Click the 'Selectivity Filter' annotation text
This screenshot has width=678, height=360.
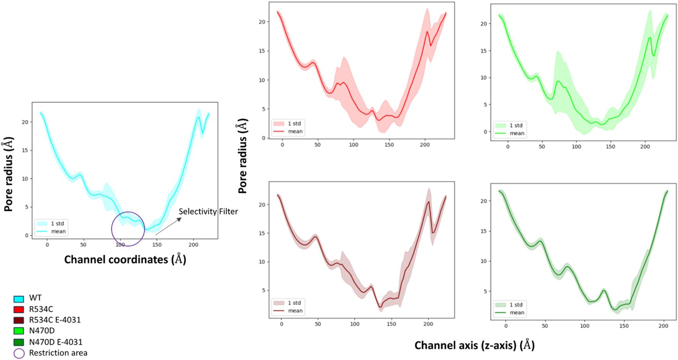click(x=208, y=212)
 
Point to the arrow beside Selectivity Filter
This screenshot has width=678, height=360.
click(x=168, y=226)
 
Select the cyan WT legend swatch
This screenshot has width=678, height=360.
click(x=19, y=299)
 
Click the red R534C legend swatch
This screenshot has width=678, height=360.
click(x=19, y=310)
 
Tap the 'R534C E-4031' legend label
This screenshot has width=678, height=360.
click(x=55, y=320)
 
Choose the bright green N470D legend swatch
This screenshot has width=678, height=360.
click(x=19, y=331)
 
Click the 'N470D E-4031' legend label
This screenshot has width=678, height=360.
click(x=55, y=342)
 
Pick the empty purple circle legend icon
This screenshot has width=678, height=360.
click(x=19, y=353)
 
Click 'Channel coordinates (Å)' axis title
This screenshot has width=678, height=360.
click(x=125, y=259)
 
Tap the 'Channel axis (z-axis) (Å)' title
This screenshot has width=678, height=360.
click(x=474, y=345)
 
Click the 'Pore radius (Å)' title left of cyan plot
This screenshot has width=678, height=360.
click(x=8, y=174)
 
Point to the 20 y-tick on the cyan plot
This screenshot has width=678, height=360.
click(x=25, y=122)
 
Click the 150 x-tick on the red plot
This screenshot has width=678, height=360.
click(x=389, y=145)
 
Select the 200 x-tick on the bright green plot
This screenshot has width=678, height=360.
click(x=645, y=147)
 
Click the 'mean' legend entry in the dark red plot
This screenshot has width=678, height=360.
click(x=295, y=311)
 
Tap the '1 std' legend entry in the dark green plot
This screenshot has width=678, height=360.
click(x=516, y=305)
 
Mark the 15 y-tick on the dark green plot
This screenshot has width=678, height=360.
click(x=484, y=231)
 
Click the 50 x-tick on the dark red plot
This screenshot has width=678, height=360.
click(x=318, y=324)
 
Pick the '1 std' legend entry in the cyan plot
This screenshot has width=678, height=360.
click(x=57, y=223)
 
